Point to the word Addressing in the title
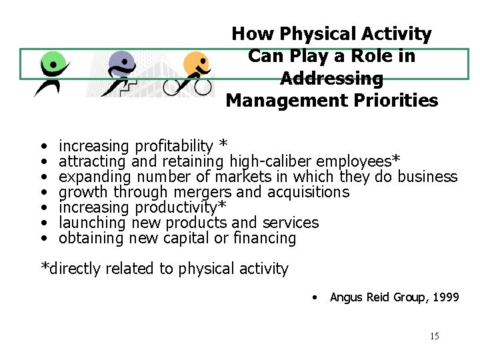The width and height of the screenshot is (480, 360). pos(332,79)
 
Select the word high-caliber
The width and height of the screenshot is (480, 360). pos(270,161)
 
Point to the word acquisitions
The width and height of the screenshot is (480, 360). pos(308,192)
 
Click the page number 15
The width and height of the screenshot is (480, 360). pos(434,336)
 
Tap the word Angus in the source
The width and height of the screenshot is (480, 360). pos(346,297)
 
